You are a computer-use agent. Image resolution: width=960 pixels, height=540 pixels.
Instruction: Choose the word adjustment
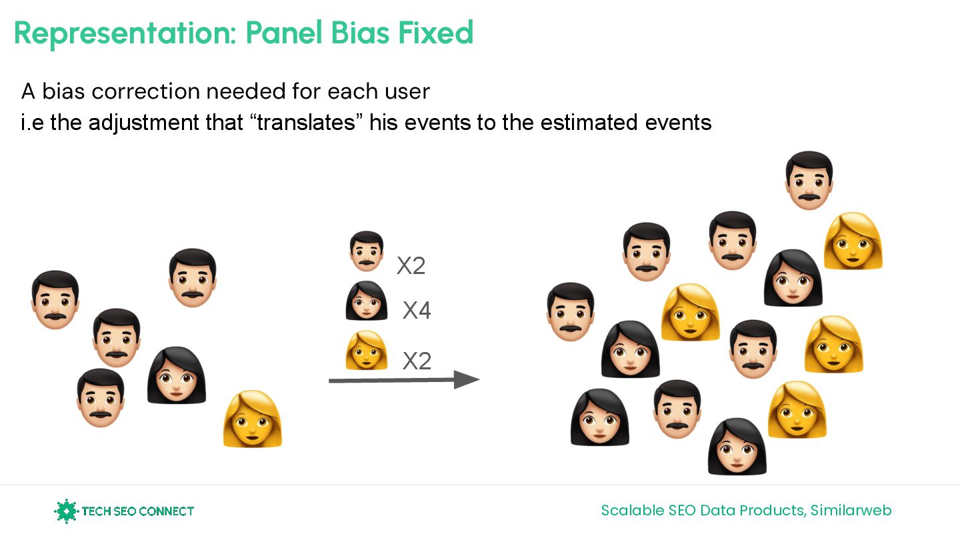pos(144,123)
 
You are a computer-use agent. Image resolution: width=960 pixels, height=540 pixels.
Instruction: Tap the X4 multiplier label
pos(417,310)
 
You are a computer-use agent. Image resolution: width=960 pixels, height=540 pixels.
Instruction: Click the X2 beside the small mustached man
pos(411,266)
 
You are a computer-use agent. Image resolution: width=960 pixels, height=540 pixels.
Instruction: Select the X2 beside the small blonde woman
pos(417,361)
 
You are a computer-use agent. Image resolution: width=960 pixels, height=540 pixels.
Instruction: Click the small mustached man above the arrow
pos(367,251)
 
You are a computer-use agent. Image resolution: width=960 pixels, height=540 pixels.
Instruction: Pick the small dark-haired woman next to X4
pos(367,301)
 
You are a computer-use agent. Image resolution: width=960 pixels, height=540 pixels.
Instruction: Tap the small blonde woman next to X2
pos(367,350)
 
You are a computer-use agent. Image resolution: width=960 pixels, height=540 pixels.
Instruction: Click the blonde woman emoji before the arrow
pos(253,419)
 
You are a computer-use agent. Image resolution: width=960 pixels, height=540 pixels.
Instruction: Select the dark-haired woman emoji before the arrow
pos(177,375)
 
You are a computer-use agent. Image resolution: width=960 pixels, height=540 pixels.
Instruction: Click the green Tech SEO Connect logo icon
pos(66,511)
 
